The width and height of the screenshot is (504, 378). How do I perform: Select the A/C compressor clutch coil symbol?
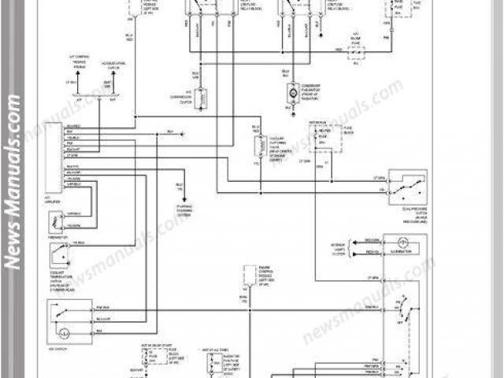[202, 98]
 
